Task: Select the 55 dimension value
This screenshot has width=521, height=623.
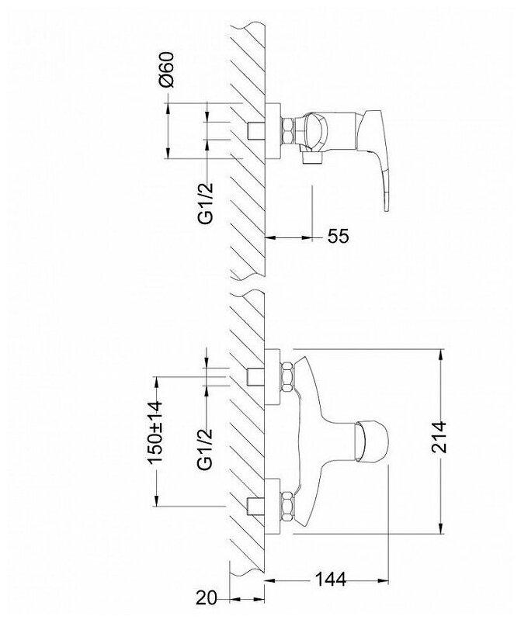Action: coord(339,237)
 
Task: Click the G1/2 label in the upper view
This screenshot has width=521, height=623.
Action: coord(207,202)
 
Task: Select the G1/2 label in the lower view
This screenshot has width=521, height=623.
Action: coord(207,447)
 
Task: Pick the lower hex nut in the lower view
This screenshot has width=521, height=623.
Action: coord(285,505)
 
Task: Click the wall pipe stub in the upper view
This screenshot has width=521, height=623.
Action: coord(254,130)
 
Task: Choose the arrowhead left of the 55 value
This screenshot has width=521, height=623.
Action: coord(270,237)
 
